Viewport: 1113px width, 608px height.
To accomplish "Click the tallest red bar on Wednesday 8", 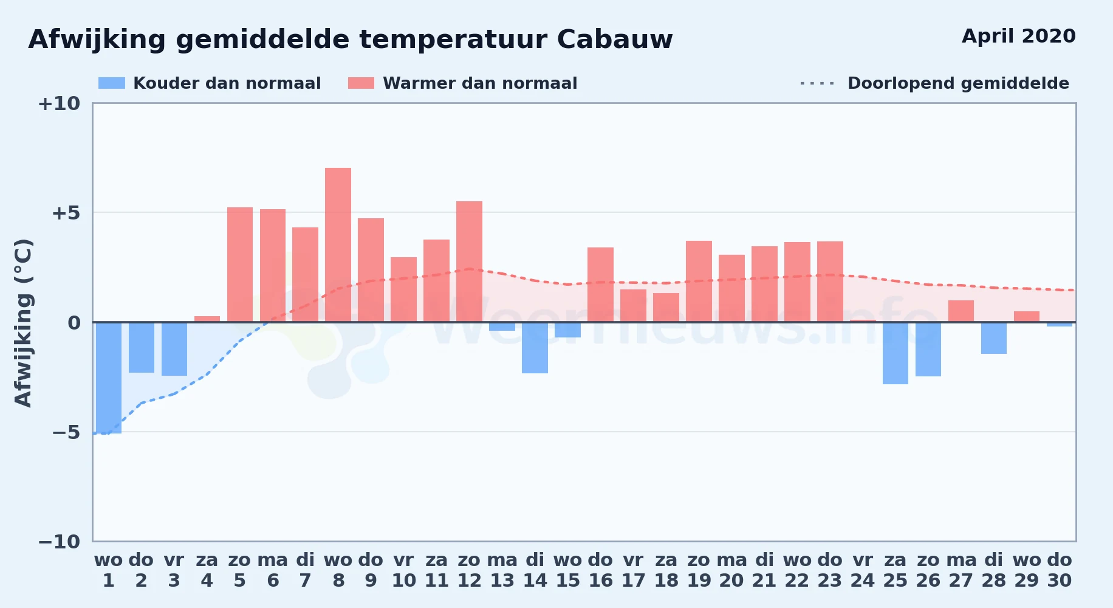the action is [x=338, y=245].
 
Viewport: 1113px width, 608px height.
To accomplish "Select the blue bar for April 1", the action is [x=109, y=378].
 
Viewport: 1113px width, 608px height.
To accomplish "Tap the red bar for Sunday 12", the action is [x=469, y=261].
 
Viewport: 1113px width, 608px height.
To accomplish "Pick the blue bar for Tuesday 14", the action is [x=535, y=348].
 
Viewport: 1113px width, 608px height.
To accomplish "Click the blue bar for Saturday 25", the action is [x=896, y=353].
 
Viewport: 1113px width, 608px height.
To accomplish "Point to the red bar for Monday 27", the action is [x=961, y=311].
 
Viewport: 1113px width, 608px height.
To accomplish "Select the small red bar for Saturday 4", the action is [x=207, y=319].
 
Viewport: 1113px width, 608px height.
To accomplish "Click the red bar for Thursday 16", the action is [x=600, y=285].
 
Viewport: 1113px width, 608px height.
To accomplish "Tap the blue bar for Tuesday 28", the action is [x=994, y=338].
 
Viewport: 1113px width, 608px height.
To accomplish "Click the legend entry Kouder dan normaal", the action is [x=210, y=83].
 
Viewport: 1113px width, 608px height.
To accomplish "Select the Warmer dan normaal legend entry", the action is [x=463, y=83].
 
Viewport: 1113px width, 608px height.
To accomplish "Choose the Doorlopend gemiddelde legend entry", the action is [x=935, y=83].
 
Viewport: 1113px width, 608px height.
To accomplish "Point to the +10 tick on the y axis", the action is [x=59, y=104].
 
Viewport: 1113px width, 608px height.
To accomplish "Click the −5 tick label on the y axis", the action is [x=66, y=432].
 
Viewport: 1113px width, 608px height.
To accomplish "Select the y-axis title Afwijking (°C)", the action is [x=24, y=323].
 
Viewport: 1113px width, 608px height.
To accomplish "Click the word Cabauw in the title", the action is [x=615, y=40].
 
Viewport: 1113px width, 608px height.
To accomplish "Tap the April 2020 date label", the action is [x=1019, y=36].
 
